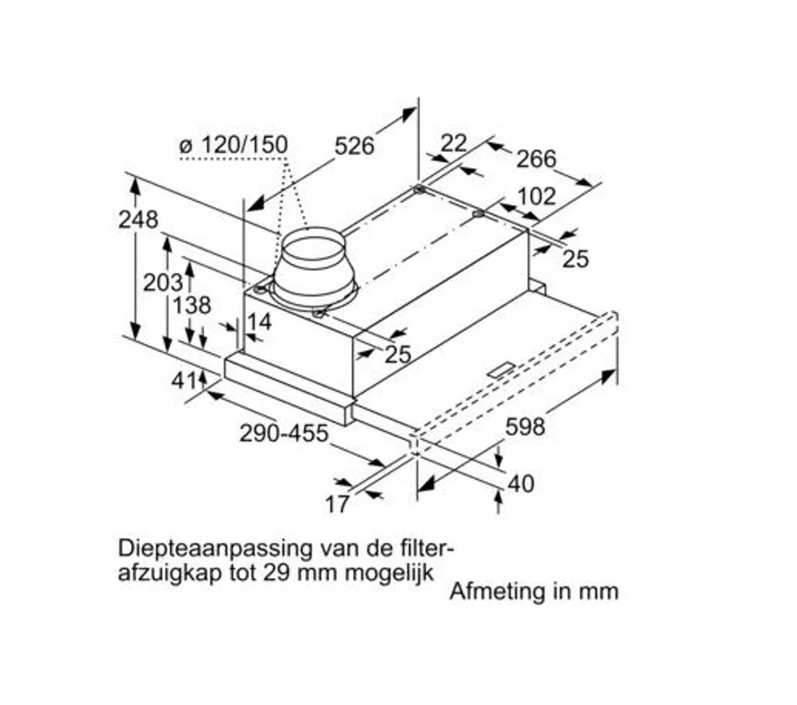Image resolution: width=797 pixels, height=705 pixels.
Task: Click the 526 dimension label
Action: click(x=354, y=146)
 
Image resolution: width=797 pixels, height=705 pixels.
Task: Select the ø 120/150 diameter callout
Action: click(x=234, y=144)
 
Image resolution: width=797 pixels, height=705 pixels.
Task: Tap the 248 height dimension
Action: click(x=138, y=219)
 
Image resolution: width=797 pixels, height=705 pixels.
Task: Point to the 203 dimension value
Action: click(x=162, y=282)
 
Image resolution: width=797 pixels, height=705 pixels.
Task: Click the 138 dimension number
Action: click(x=192, y=306)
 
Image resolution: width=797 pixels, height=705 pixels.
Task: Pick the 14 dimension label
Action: click(x=259, y=321)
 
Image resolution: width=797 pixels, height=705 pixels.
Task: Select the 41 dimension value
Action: click(x=183, y=380)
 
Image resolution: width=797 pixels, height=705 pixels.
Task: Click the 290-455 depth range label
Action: click(x=284, y=433)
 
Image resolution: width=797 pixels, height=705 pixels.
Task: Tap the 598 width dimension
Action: click(x=525, y=427)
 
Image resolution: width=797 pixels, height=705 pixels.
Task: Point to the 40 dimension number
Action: click(x=521, y=484)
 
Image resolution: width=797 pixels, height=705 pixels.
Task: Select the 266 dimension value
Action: click(x=537, y=159)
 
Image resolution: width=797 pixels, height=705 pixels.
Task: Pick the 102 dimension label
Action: click(x=537, y=197)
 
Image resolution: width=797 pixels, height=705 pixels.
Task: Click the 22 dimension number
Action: click(x=453, y=144)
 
